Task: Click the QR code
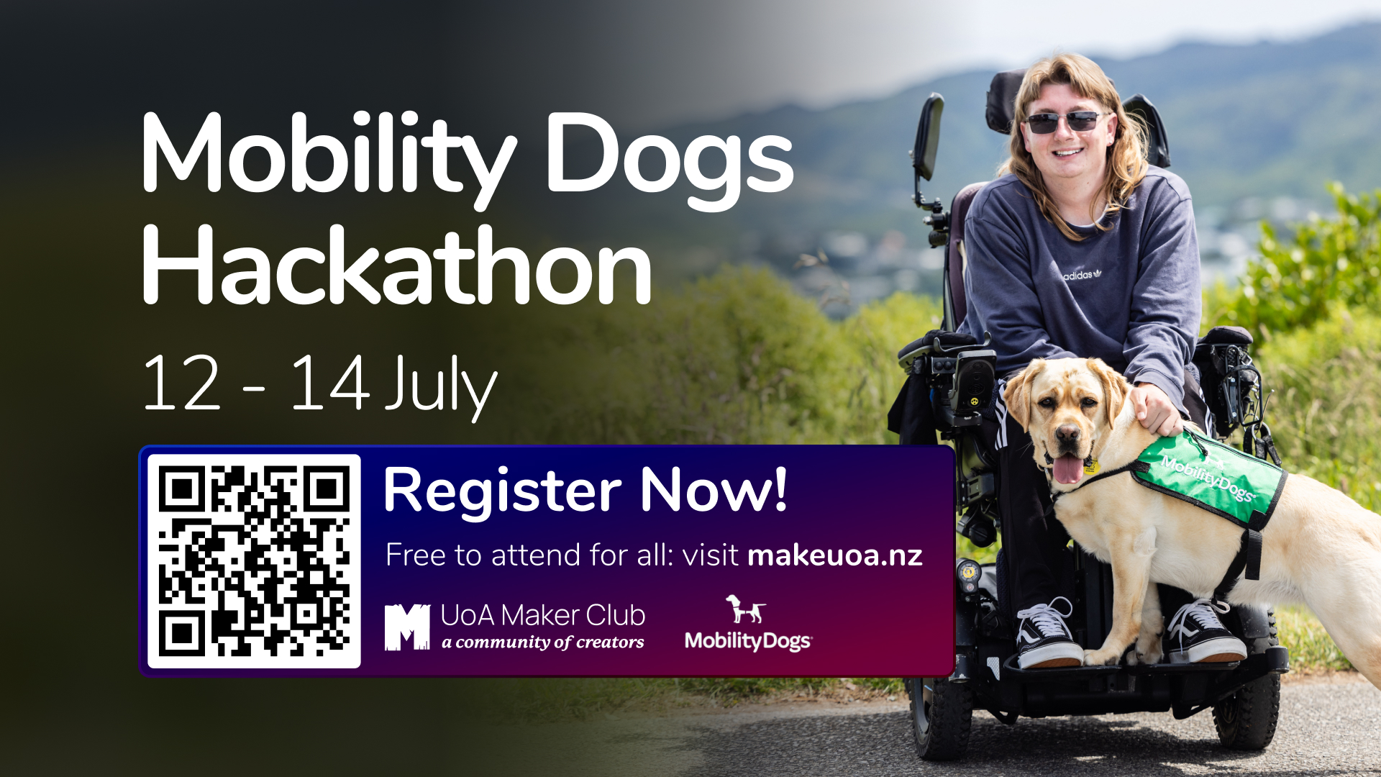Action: (x=254, y=561)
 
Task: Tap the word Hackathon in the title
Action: (x=397, y=265)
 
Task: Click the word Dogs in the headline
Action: (x=670, y=160)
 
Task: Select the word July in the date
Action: (x=441, y=386)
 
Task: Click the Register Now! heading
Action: (x=585, y=490)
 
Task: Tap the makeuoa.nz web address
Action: (x=835, y=555)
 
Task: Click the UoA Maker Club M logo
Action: (x=407, y=627)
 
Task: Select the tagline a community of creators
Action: (x=543, y=642)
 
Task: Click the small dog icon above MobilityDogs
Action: (x=745, y=609)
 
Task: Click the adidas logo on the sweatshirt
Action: (x=1082, y=274)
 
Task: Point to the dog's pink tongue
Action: (x=1067, y=468)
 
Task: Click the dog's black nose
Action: (x=1067, y=435)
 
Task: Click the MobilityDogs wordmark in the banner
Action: (x=748, y=641)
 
